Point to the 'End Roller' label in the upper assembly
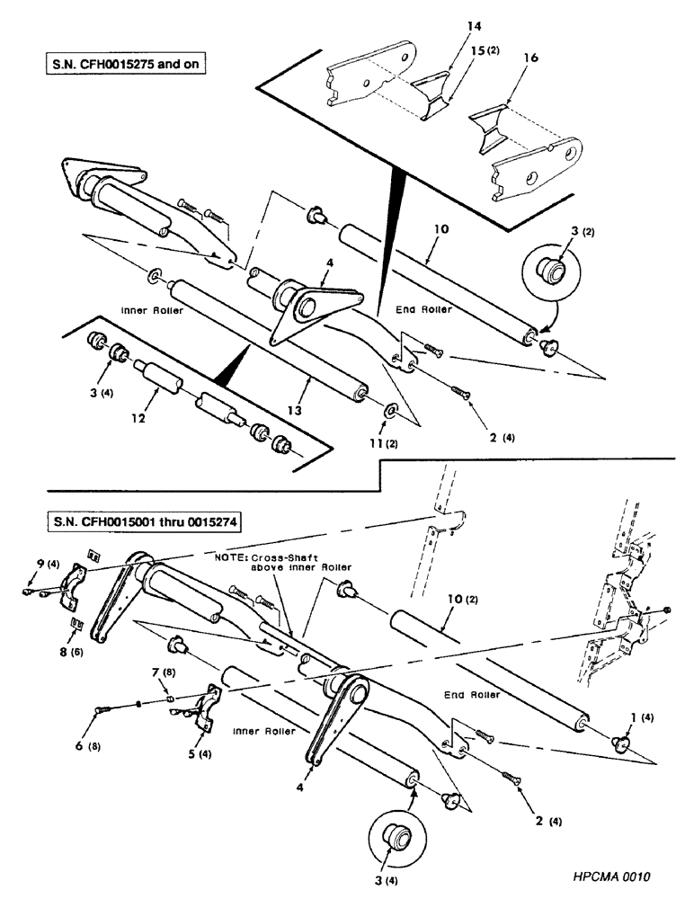[423, 309]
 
